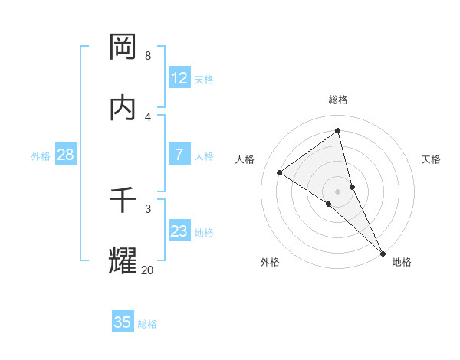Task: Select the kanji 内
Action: click(123, 107)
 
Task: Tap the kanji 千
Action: click(123, 200)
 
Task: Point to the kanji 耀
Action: click(123, 260)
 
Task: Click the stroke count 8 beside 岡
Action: click(147, 56)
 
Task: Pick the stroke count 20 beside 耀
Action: click(147, 270)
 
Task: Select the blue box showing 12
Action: click(179, 78)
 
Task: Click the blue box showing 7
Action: click(179, 155)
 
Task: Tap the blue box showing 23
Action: click(179, 231)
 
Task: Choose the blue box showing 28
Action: click(66, 155)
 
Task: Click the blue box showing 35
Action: click(123, 322)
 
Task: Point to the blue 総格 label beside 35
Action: click(147, 324)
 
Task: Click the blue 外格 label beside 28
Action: click(41, 156)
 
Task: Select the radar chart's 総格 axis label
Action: click(338, 100)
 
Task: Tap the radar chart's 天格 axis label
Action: click(431, 159)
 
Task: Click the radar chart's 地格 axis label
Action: click(402, 262)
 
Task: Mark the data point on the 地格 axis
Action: click(383, 252)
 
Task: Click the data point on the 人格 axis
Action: click(279, 172)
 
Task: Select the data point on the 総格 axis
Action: click(338, 130)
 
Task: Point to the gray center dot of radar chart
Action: click(338, 191)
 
